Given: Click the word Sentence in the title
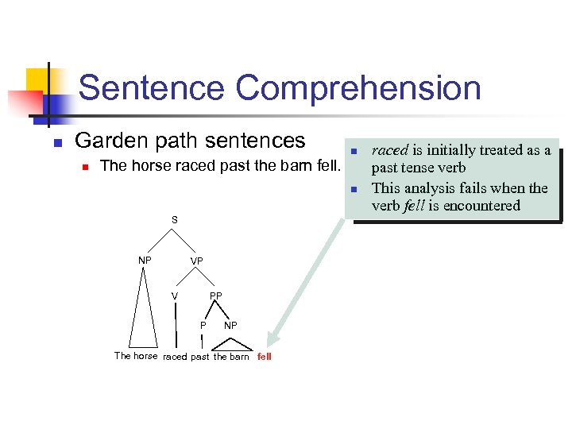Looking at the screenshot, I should [x=144, y=88].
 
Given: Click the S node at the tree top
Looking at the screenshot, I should [x=175, y=219].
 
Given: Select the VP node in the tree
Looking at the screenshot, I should [x=196, y=261].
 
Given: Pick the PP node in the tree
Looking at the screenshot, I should [x=215, y=296].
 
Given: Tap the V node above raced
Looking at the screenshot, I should [x=175, y=296].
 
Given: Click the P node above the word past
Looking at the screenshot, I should [x=203, y=325].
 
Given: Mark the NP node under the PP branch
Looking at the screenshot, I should [x=230, y=325].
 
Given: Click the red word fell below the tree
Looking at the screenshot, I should [x=265, y=357].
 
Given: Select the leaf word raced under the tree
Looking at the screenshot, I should [x=175, y=357].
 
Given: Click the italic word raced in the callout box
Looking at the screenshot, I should [x=390, y=150].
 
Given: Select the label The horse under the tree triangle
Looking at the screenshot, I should [x=136, y=356].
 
